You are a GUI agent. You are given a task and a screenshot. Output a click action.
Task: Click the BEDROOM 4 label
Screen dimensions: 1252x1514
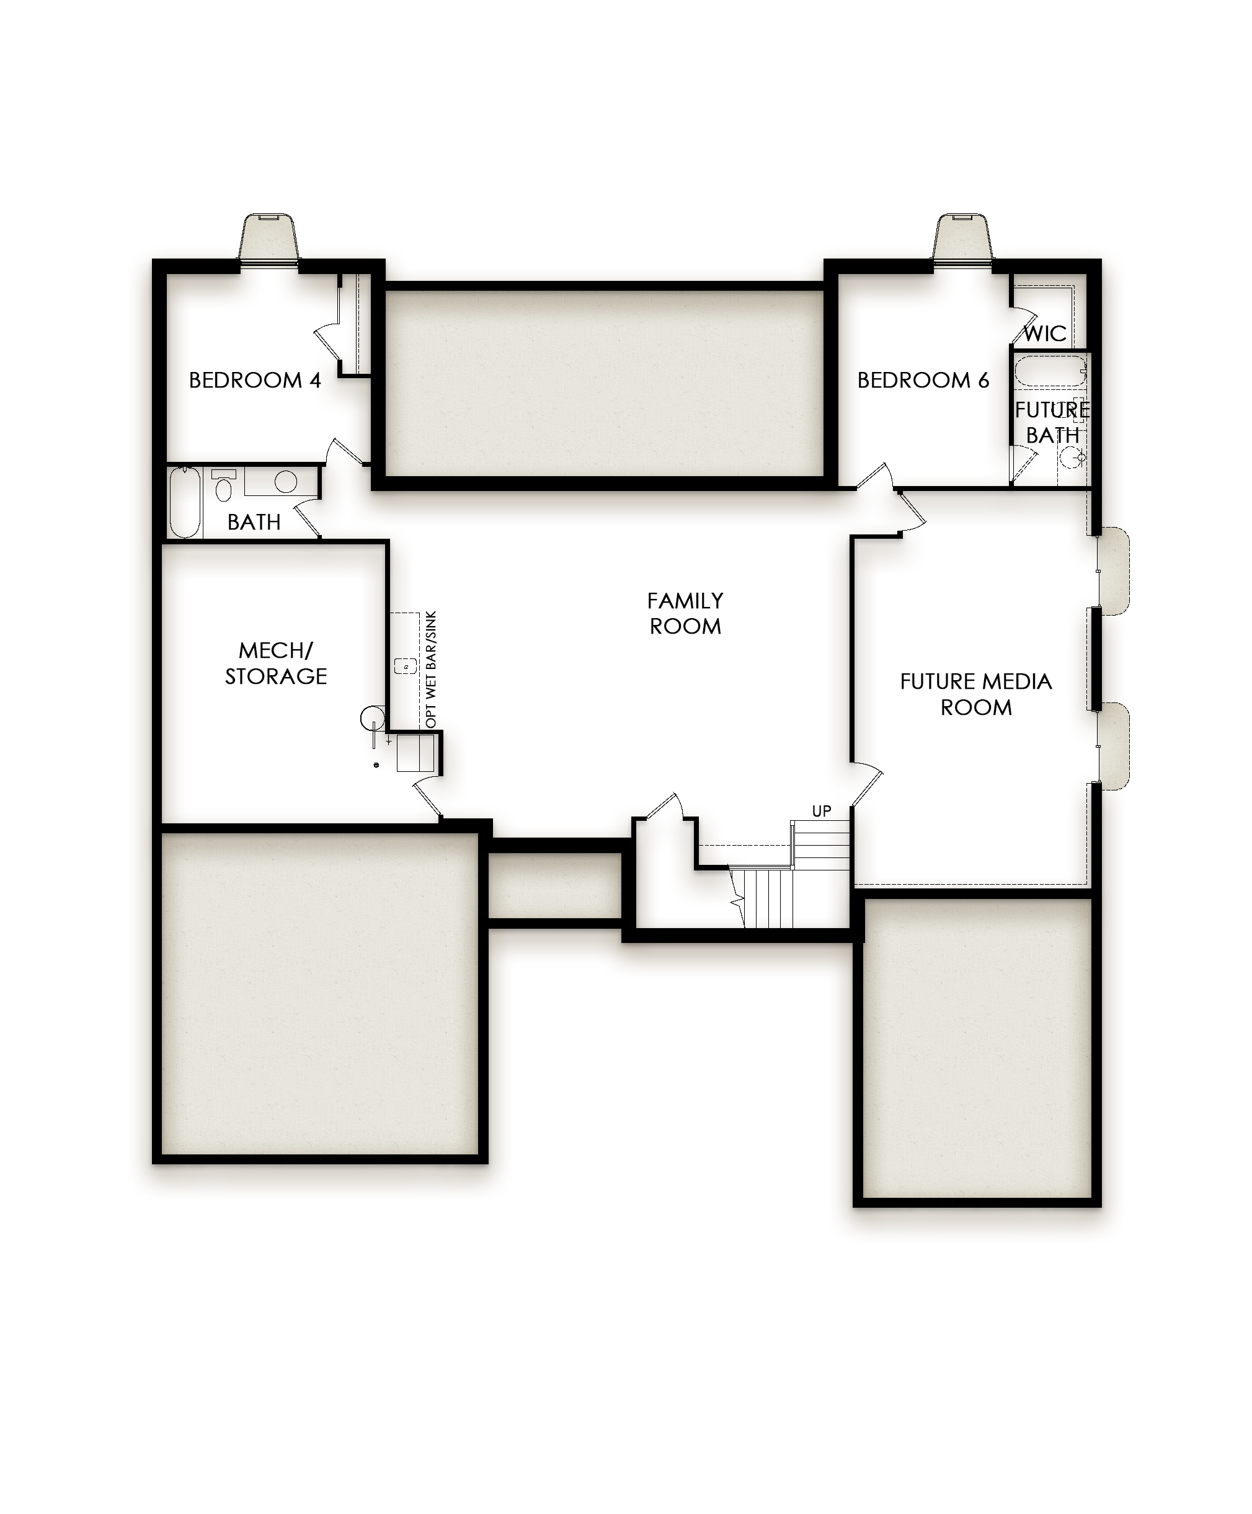(255, 380)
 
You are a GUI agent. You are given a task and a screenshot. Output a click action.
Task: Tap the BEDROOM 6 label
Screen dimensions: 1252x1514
(923, 380)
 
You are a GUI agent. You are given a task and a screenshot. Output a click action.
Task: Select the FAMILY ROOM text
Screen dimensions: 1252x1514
(685, 614)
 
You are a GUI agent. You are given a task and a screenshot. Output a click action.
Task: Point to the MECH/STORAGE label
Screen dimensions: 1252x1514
(275, 663)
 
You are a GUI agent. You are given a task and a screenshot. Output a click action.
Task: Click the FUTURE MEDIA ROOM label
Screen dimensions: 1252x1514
(976, 694)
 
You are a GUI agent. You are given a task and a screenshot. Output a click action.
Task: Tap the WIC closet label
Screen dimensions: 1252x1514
(1045, 334)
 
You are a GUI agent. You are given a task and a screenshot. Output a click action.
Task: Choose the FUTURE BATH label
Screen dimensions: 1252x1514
(1052, 422)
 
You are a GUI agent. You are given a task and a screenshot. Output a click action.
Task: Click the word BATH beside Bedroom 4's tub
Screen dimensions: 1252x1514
(254, 522)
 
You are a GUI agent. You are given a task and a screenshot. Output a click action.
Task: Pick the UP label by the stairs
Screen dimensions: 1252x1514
(822, 811)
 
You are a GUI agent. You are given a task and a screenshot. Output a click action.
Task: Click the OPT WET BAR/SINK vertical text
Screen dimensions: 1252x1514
(431, 670)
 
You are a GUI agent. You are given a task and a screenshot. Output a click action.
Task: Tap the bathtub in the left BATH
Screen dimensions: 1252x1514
(185, 503)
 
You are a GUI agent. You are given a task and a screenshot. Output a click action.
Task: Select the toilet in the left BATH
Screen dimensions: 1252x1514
(224, 485)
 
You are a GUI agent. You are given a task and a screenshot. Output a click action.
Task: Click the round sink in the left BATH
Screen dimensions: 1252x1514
(286, 482)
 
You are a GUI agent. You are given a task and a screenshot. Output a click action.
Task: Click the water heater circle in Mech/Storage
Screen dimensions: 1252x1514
(373, 718)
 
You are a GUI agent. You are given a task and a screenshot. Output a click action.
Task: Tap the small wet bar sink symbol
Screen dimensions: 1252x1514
(406, 666)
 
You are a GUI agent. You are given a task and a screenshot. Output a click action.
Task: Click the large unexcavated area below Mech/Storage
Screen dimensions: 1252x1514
(319, 997)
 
